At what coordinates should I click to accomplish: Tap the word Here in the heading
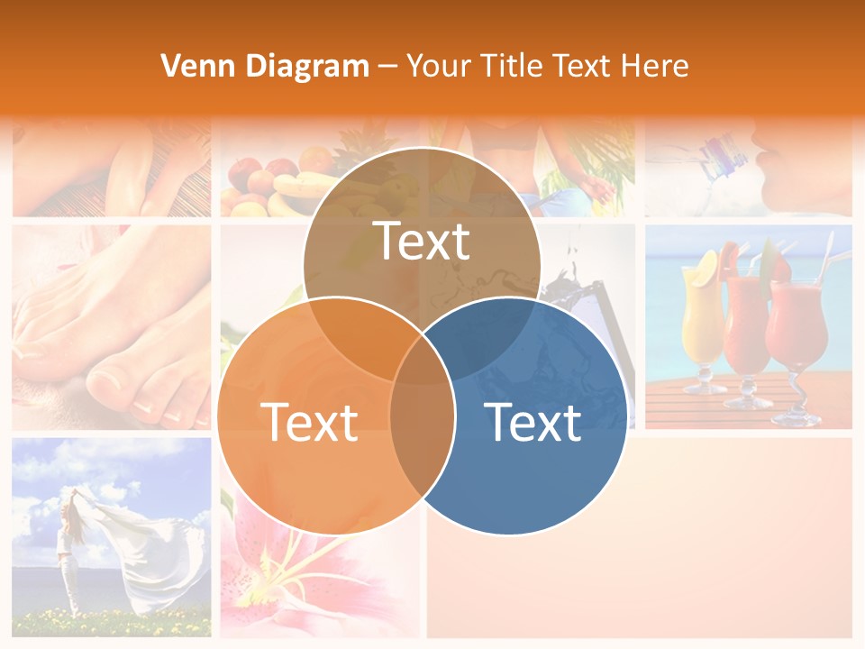(x=656, y=66)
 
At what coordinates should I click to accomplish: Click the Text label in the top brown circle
(x=422, y=241)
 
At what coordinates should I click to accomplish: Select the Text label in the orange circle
(x=309, y=422)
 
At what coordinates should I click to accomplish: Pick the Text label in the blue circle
(x=533, y=422)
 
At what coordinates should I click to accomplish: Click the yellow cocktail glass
(x=703, y=315)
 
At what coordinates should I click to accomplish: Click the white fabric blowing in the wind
(x=153, y=550)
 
